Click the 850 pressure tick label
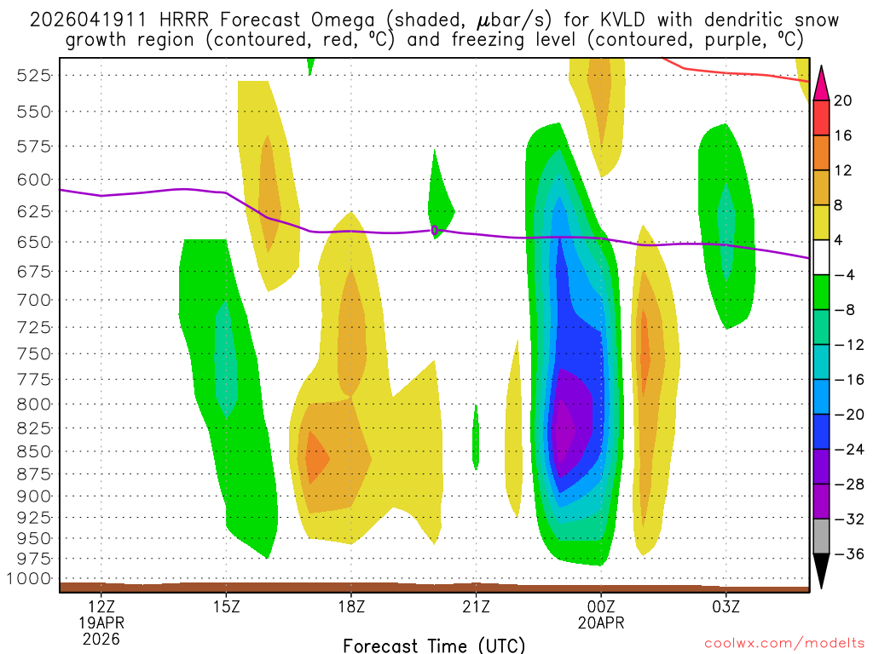tap(33, 450)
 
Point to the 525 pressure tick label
tap(33, 75)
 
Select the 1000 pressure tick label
tap(30, 578)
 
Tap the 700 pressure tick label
tap(33, 299)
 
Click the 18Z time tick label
tap(351, 607)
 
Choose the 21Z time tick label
tap(476, 607)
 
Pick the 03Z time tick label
tap(726, 607)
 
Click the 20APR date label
tap(601, 622)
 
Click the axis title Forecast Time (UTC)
tap(434, 645)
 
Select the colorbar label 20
tap(843, 100)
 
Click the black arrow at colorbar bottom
tap(822, 571)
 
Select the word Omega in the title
tap(287, 20)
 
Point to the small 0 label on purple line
tap(435, 230)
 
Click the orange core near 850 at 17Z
tap(315, 458)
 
